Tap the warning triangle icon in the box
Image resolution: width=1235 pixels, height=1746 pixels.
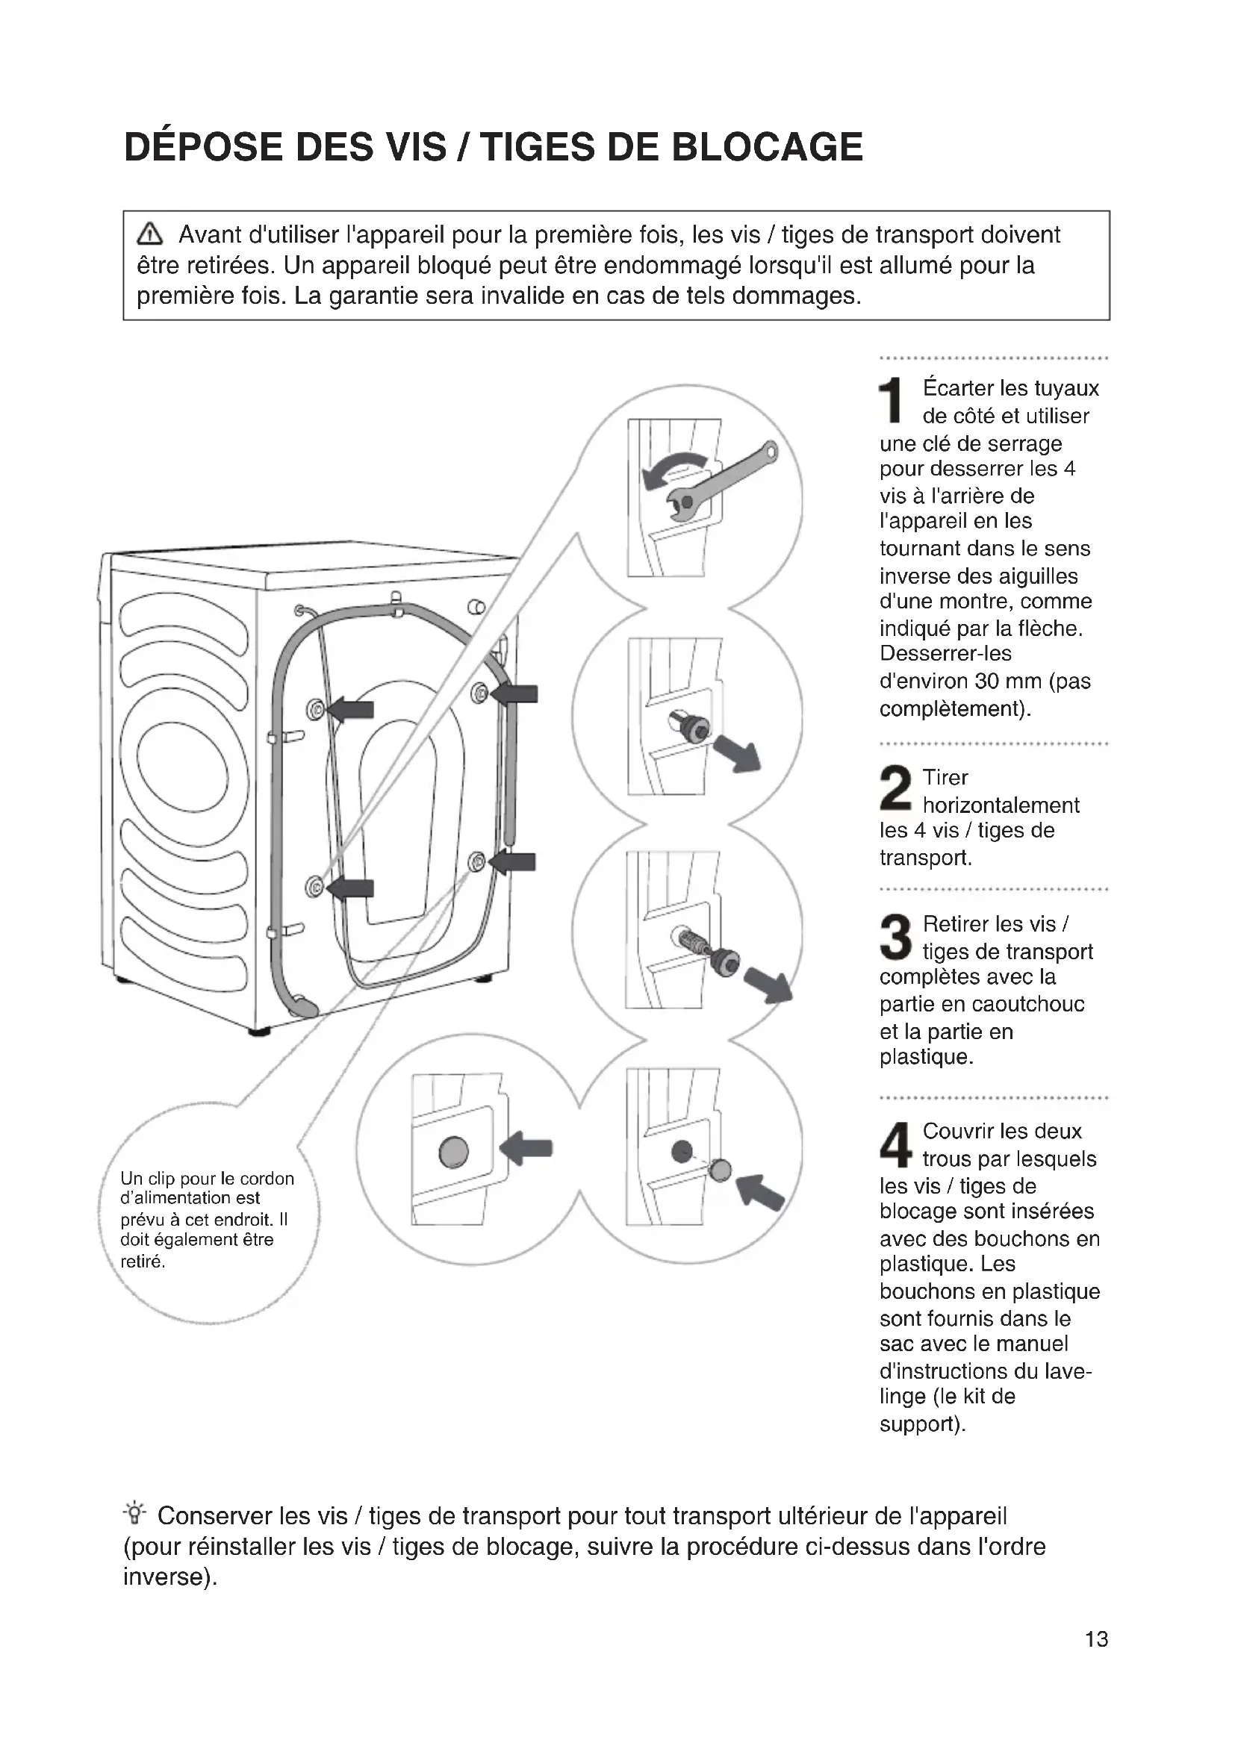click(150, 234)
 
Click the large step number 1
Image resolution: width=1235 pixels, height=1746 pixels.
click(891, 400)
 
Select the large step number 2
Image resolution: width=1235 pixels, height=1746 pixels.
click(895, 788)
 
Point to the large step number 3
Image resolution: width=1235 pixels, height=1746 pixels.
click(895, 936)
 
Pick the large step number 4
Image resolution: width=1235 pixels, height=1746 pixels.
click(895, 1144)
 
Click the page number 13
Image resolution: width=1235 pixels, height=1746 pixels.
click(1096, 1639)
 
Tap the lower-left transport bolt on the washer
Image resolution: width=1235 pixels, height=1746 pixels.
click(314, 887)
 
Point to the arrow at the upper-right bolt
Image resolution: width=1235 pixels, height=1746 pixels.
click(516, 693)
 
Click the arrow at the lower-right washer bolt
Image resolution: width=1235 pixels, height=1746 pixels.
click(512, 862)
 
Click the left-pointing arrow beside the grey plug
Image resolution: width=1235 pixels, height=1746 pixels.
click(526, 1147)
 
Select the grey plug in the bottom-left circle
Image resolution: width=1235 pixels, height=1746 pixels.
click(453, 1151)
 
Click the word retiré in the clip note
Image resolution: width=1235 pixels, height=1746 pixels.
click(142, 1262)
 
